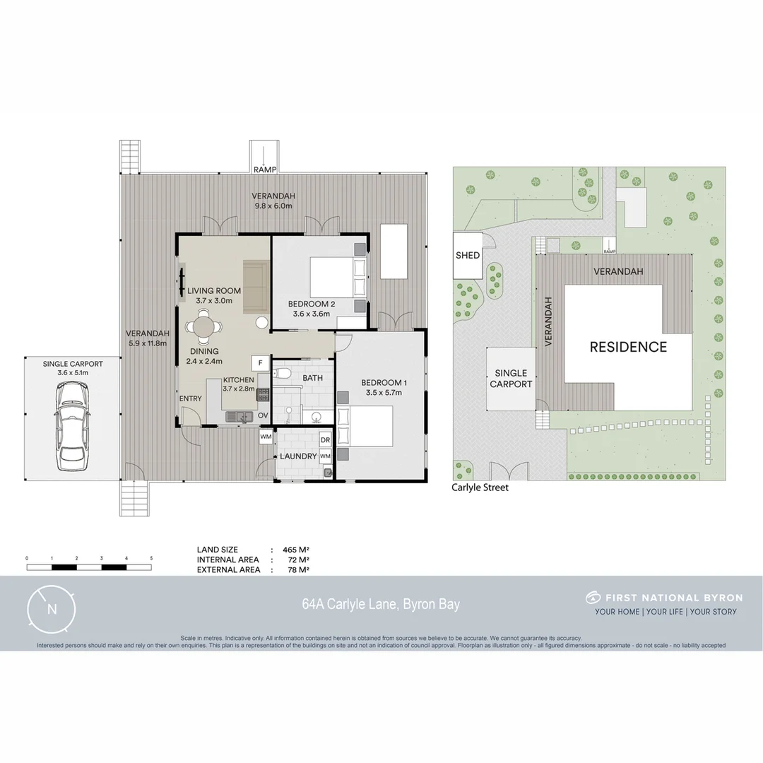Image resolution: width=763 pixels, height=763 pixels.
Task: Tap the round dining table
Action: coord(203,328)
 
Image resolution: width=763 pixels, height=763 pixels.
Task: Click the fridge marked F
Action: coord(260,363)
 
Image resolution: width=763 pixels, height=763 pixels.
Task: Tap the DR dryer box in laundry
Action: coord(325,439)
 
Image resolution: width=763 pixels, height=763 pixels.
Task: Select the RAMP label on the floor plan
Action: coord(265,170)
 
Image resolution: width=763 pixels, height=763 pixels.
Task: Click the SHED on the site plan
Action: coord(468,255)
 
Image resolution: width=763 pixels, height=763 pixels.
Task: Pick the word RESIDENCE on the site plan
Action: coord(628,347)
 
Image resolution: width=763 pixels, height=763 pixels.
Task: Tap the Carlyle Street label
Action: coord(480,487)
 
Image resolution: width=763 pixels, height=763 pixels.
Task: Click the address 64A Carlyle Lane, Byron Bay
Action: coord(381,604)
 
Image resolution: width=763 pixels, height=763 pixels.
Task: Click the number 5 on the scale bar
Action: coord(151,558)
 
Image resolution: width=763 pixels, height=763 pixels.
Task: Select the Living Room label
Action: coord(214,290)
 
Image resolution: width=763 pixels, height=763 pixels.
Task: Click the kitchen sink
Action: coord(240,417)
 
